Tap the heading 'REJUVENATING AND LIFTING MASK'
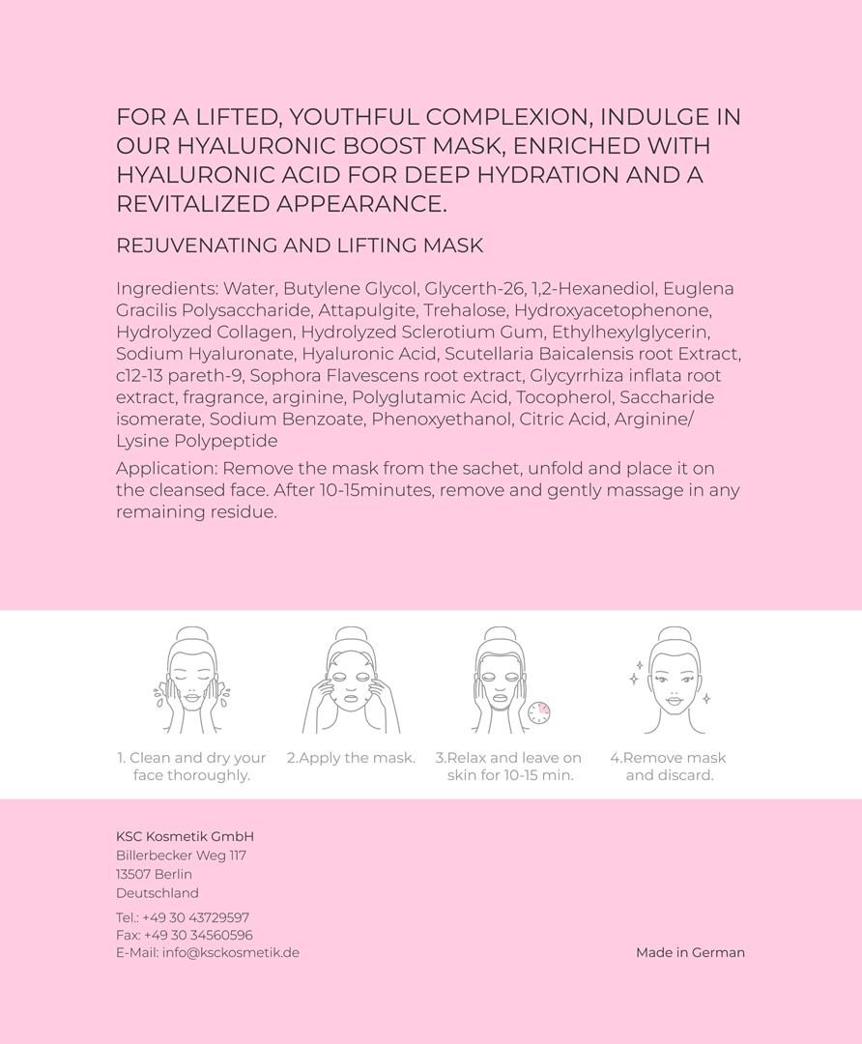pyautogui.click(x=300, y=246)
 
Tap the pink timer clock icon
pyautogui.click(x=539, y=712)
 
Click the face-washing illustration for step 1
pyautogui.click(x=190, y=681)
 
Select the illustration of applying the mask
pyautogui.click(x=351, y=681)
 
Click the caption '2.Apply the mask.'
pyautogui.click(x=351, y=758)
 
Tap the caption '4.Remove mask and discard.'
pyautogui.click(x=669, y=767)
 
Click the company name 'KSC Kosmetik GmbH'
pyautogui.click(x=185, y=836)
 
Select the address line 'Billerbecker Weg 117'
pyautogui.click(x=181, y=855)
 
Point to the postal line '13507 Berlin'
pyautogui.click(x=154, y=874)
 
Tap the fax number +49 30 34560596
pyautogui.click(x=198, y=935)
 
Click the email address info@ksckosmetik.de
pyautogui.click(x=230, y=952)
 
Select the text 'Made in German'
pyautogui.click(x=690, y=952)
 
